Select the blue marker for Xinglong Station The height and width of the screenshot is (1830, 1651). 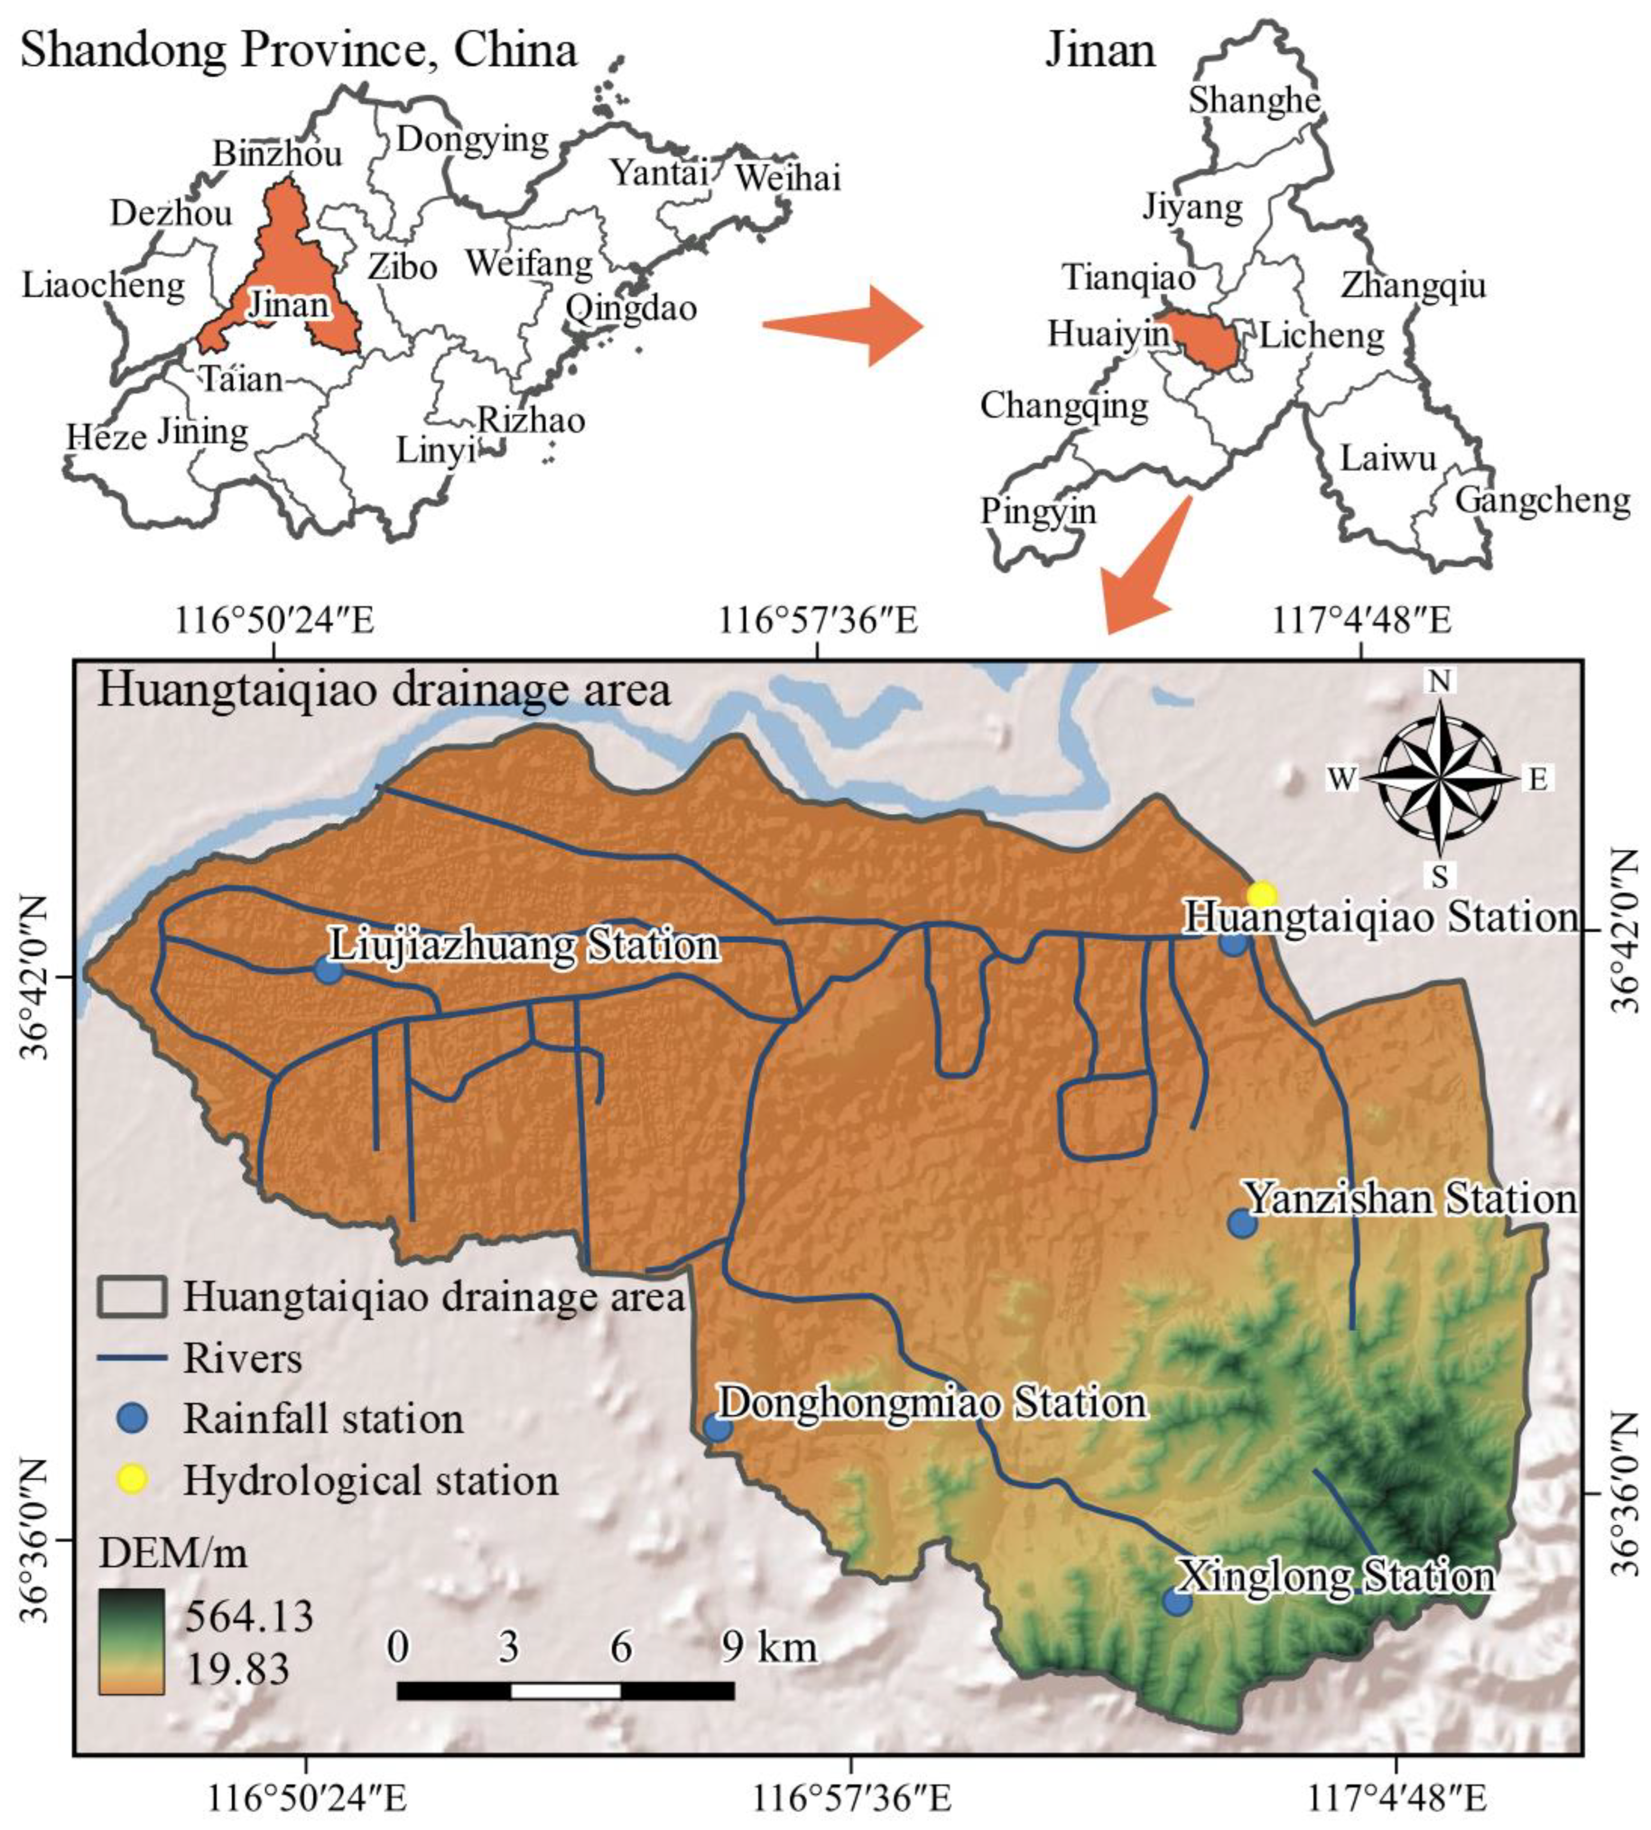click(1177, 1602)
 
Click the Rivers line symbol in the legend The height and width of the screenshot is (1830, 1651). click(131, 1358)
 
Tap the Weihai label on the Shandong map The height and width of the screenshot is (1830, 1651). click(788, 178)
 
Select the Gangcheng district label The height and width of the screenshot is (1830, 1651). click(1542, 500)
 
